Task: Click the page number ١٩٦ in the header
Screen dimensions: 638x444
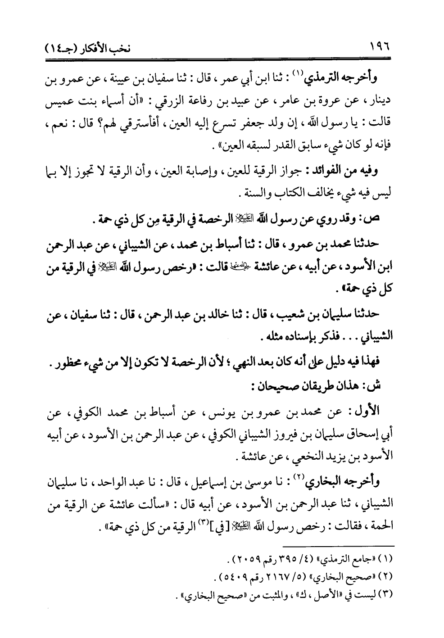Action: click(x=380, y=46)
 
